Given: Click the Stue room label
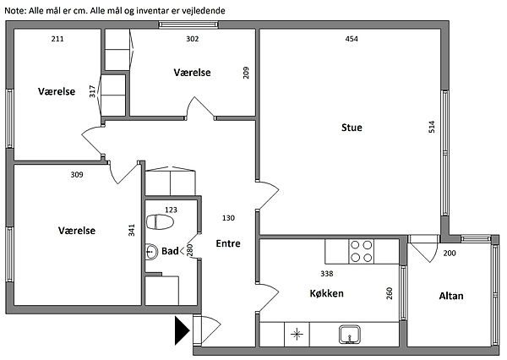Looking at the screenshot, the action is (x=352, y=128).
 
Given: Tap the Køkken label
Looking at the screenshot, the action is (x=326, y=293).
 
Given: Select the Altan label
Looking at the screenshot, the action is (x=451, y=296).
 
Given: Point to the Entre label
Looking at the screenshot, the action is (x=228, y=243).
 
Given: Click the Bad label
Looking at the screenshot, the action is (x=170, y=251).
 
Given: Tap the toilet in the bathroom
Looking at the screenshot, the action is (x=160, y=222).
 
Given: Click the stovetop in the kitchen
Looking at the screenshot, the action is (x=361, y=251).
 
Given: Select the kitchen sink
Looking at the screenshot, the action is (x=350, y=335).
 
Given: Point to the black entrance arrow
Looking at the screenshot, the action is (x=182, y=330).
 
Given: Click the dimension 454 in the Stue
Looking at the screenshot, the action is (x=352, y=39).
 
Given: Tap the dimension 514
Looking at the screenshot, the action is (x=432, y=127).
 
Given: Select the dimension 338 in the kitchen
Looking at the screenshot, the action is (x=326, y=274).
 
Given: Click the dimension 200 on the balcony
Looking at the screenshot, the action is (x=450, y=253).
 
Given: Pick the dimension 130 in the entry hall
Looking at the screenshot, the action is (x=228, y=218).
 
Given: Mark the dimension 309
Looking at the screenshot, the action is (x=77, y=175).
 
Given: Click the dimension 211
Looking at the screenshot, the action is (x=57, y=39).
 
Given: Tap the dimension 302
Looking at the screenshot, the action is (x=193, y=39).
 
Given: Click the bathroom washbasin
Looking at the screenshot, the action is (x=151, y=252).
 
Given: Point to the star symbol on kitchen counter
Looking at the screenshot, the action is (x=297, y=334).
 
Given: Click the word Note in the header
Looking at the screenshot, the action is (x=14, y=11).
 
